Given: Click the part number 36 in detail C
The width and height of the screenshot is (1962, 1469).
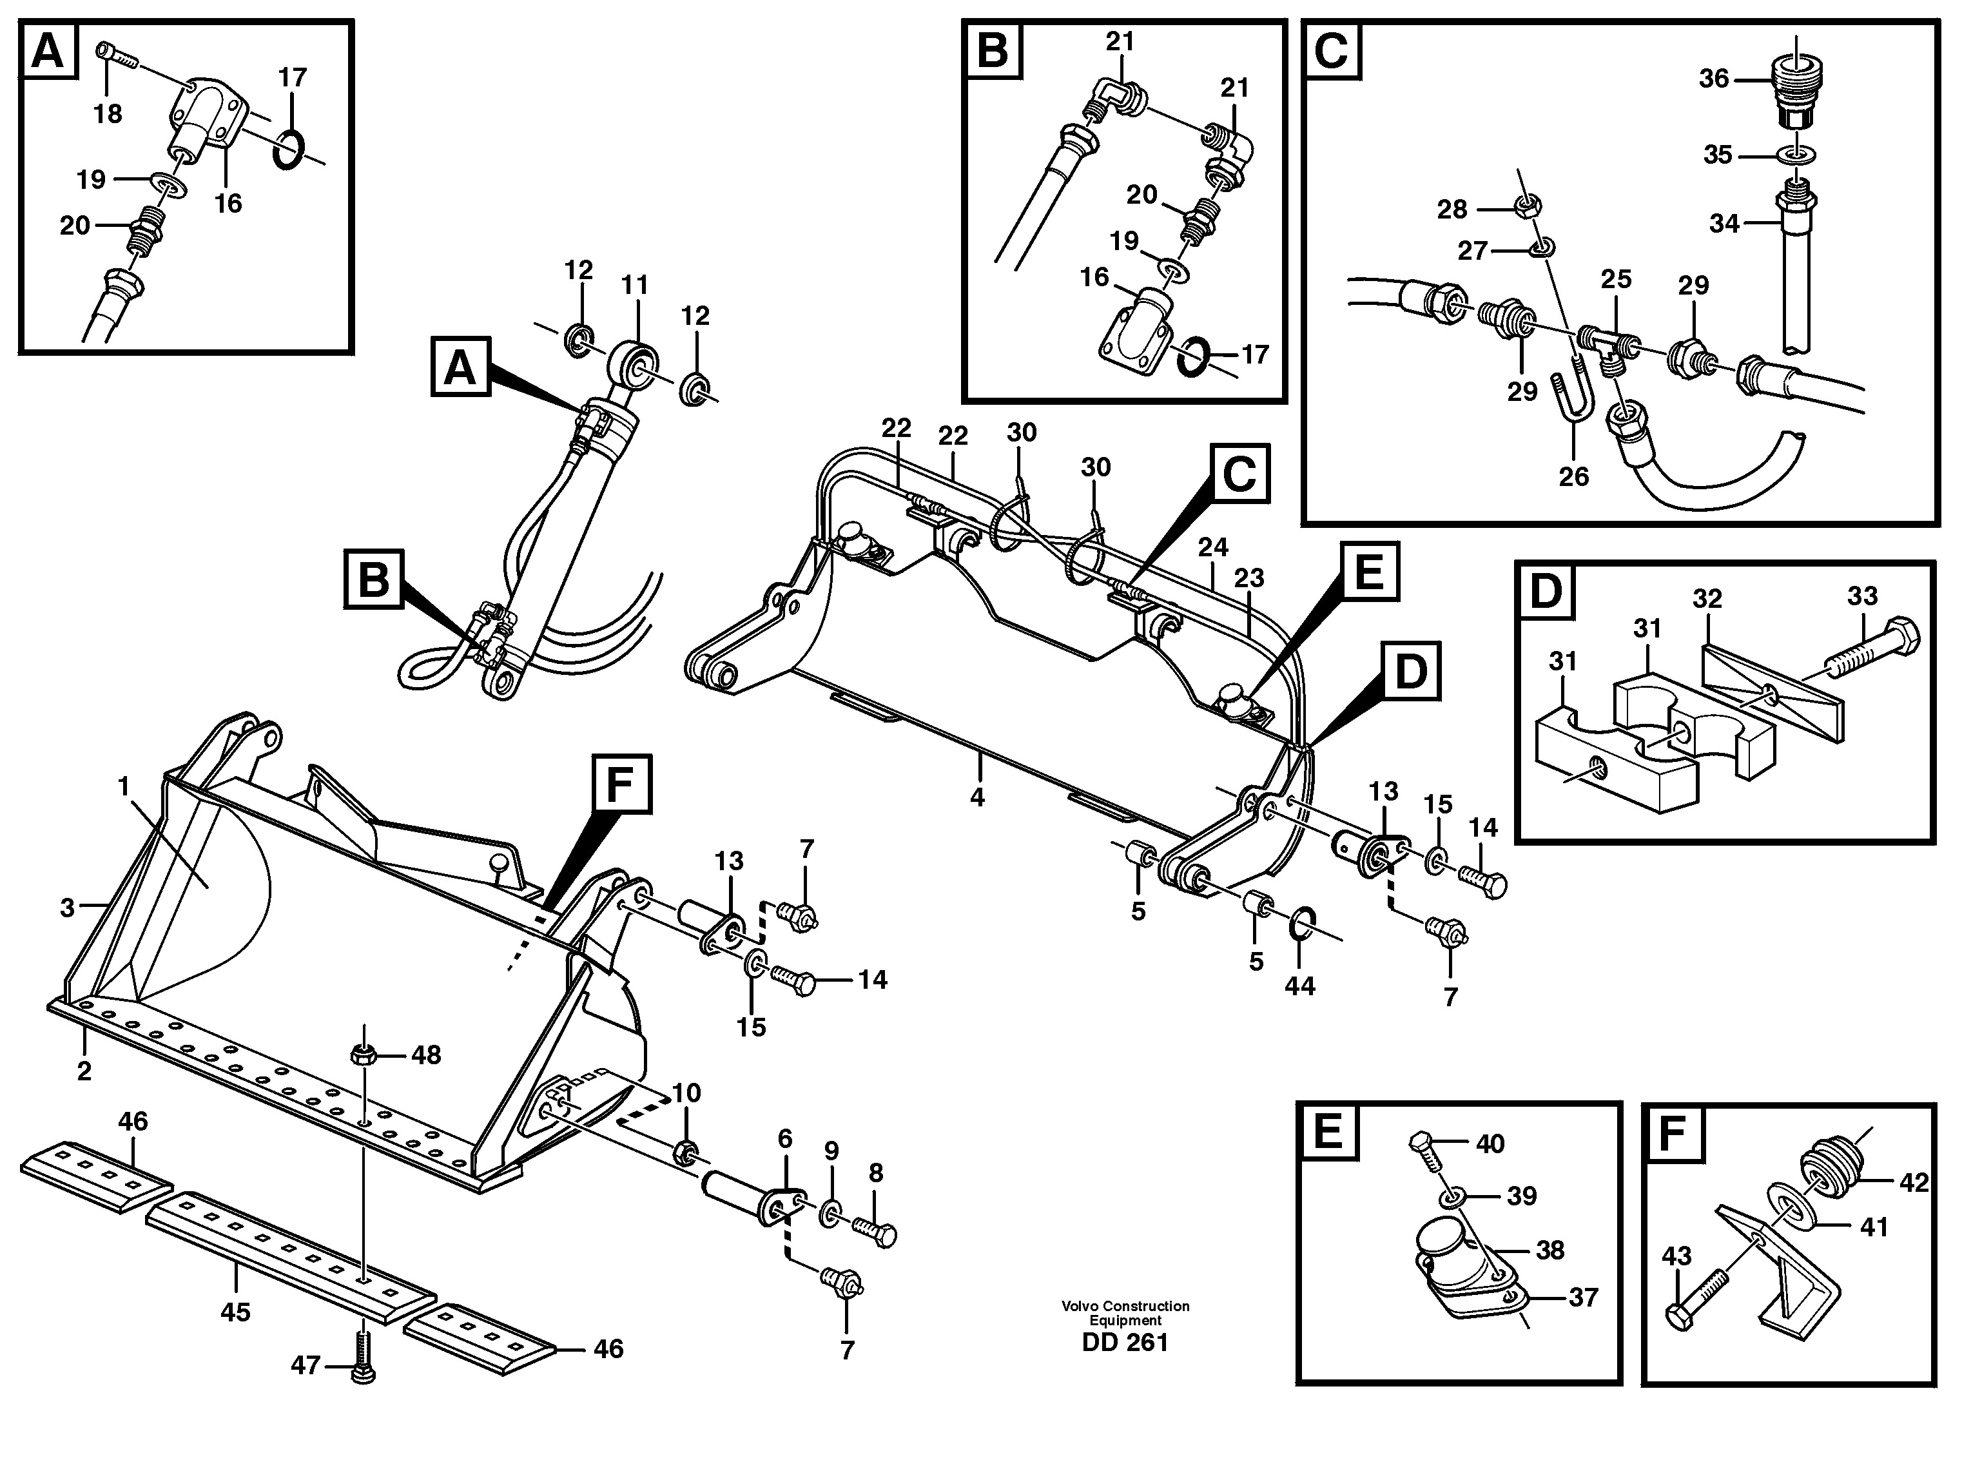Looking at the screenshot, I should [x=1714, y=79].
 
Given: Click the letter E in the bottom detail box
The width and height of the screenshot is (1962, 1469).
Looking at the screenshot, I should [x=1328, y=1133].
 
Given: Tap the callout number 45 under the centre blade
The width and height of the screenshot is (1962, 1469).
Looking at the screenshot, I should [x=235, y=1311].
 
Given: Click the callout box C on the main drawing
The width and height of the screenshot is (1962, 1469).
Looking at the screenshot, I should [x=1238, y=474].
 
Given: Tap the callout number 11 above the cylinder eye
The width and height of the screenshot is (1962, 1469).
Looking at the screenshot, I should [x=634, y=286].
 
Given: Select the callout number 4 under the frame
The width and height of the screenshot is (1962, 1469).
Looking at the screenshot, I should [x=976, y=797].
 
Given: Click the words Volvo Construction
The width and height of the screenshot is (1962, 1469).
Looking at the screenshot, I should [x=1125, y=1306].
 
